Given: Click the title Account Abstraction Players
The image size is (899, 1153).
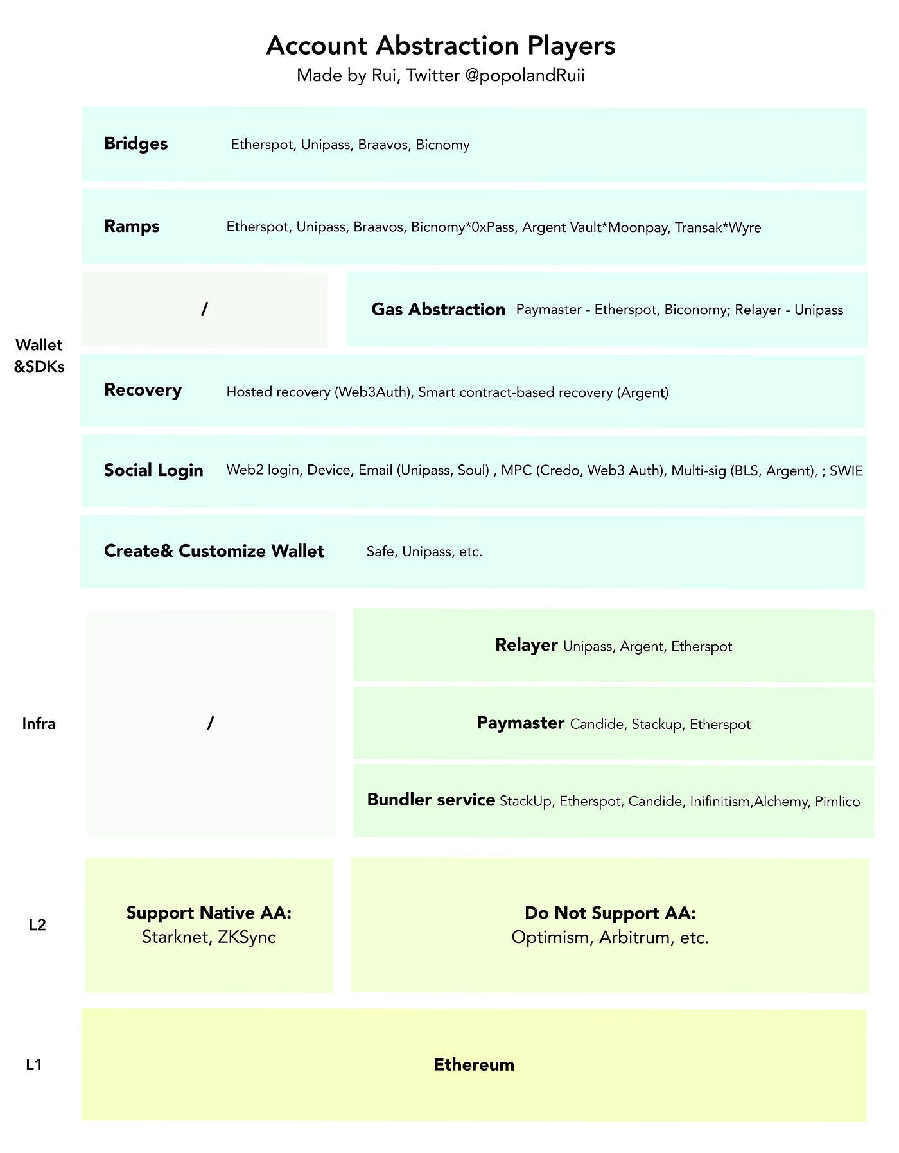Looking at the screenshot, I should [x=441, y=46].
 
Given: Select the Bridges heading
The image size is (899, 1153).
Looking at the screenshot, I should [x=135, y=143].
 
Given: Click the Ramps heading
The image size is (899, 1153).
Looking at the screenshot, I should [x=132, y=226].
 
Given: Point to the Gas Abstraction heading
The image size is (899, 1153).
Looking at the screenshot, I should [x=438, y=310].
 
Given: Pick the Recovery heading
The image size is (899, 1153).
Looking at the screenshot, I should [x=143, y=390].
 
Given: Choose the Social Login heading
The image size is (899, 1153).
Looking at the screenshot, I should [x=153, y=470].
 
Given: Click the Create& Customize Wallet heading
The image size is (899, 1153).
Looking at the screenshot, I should [x=214, y=551].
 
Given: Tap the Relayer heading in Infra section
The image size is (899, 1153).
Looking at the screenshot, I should [x=526, y=645].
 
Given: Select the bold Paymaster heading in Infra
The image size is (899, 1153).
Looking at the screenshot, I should [x=520, y=723].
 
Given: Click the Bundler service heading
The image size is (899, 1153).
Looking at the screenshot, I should [x=431, y=800].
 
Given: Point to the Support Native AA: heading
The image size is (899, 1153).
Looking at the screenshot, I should [x=209, y=913].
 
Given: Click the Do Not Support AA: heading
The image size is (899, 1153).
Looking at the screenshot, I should [x=610, y=913].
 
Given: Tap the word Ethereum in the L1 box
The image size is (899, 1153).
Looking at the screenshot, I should [x=474, y=1064].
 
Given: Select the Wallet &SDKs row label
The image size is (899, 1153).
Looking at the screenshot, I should [x=39, y=356].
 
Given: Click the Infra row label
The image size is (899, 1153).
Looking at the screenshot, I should [x=39, y=724].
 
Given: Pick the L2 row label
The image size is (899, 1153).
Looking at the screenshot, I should [x=37, y=925].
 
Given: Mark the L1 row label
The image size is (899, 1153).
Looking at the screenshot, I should [x=33, y=1064].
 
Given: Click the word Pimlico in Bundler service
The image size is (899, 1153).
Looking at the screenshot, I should [x=837, y=802].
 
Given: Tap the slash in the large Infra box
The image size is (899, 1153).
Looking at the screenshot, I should [x=210, y=723].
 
